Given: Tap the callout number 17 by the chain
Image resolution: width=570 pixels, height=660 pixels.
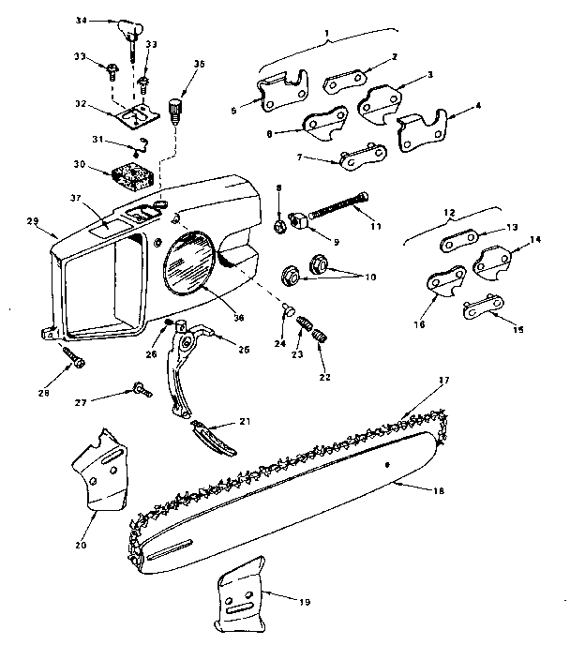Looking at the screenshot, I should [443, 380].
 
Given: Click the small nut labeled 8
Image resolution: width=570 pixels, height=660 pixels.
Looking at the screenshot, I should [279, 226].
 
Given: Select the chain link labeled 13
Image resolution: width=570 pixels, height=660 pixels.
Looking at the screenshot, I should [460, 242].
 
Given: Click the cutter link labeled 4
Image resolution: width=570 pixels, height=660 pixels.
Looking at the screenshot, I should [421, 132].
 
